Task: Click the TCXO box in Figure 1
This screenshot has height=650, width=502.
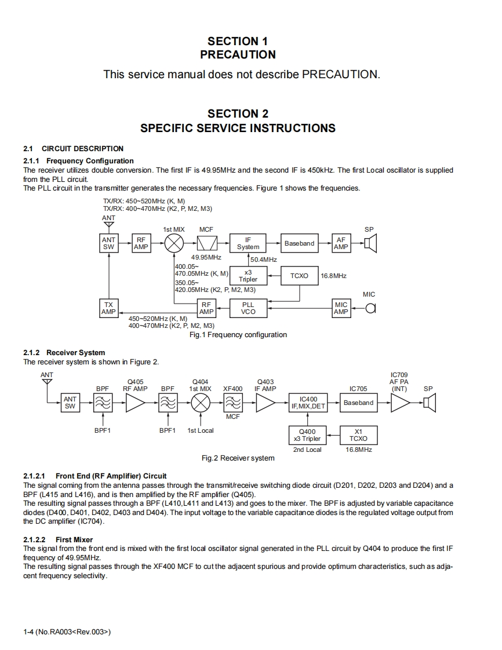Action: (299, 276)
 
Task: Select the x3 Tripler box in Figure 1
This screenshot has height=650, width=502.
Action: (248, 276)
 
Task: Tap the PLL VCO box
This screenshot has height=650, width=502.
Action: (248, 308)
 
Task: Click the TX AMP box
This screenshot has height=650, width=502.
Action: (108, 308)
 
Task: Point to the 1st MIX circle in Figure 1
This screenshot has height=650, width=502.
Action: (174, 243)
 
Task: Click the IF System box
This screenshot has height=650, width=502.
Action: (248, 243)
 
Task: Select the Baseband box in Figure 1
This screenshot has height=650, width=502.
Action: (299, 243)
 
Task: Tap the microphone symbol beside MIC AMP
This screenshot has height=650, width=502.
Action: (370, 308)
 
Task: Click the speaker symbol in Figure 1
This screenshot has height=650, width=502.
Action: (370, 243)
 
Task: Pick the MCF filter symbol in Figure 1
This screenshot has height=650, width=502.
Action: (206, 243)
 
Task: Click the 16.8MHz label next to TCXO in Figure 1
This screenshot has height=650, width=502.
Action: (333, 276)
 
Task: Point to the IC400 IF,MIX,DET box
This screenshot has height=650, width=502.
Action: (308, 403)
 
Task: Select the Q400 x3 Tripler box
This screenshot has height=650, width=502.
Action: (307, 435)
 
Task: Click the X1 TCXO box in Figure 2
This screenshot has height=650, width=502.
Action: (358, 435)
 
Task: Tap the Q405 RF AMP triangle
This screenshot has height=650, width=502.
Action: (136, 403)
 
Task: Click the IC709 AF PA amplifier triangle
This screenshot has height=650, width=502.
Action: (399, 403)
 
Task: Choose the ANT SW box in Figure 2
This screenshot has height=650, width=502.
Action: (70, 403)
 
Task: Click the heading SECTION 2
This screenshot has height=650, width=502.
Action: (238, 114)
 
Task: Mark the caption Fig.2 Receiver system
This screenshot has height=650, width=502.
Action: (238, 458)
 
